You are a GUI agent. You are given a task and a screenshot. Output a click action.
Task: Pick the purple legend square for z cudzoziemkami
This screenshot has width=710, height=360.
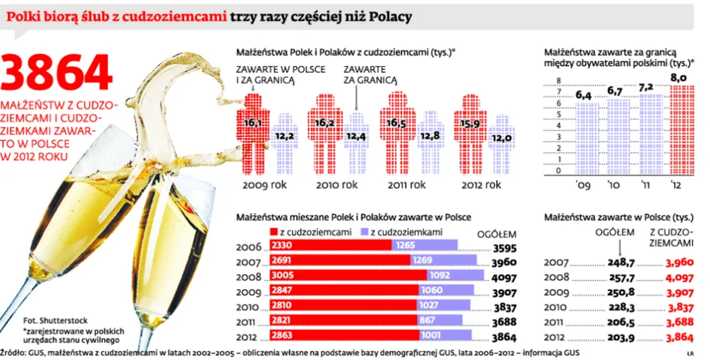pyautogui.click(x=366, y=232)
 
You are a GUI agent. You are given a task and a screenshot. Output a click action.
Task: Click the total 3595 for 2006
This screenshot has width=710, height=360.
pyautogui.click(x=503, y=247)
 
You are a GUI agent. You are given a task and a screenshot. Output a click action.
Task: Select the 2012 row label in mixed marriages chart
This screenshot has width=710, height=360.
pyautogui.click(x=248, y=335)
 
